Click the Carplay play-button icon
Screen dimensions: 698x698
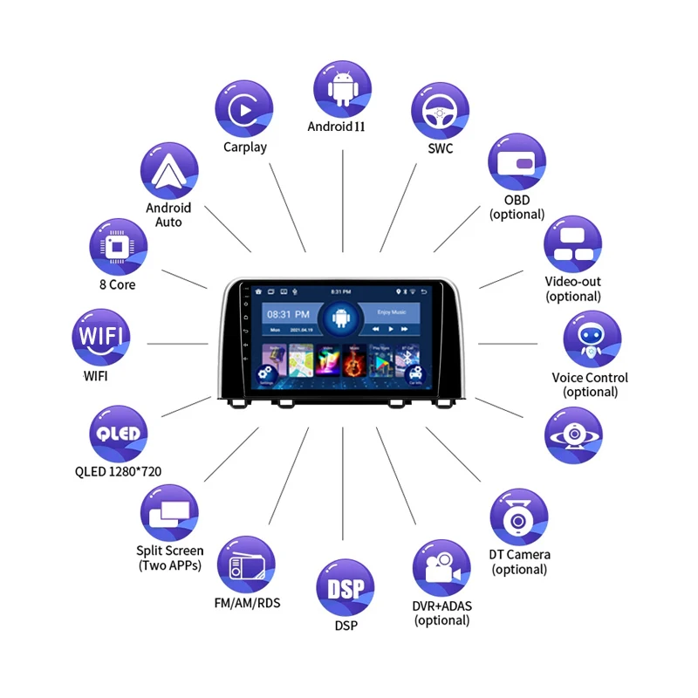pos(243,108)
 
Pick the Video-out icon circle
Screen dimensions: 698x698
pos(573,244)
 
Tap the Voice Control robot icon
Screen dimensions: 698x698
pos(592,339)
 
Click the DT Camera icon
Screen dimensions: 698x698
pos(518,517)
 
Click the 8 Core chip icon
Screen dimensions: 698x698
pos(119,247)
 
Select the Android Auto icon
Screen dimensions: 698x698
pos(168,172)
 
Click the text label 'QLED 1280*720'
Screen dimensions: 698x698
pos(118,472)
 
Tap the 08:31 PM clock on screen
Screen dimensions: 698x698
pos(288,313)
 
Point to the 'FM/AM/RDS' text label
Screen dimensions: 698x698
pos(247,603)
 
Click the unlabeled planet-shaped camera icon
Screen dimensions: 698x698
pos(573,434)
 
